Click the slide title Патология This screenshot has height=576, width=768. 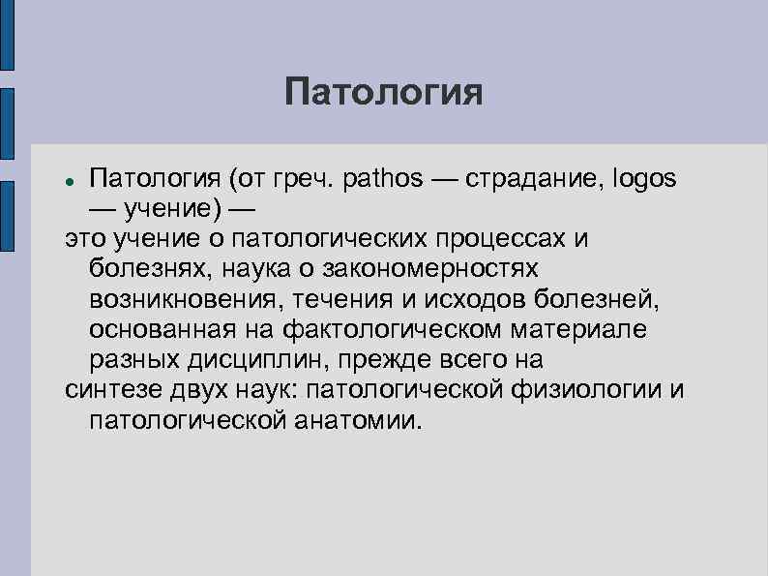point(383,94)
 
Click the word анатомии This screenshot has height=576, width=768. point(356,420)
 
